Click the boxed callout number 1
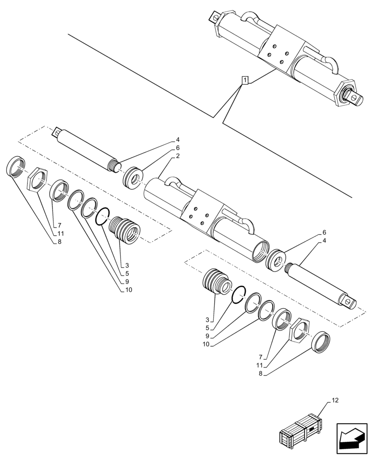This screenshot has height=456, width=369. tap(245, 81)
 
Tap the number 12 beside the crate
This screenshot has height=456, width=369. tap(336, 401)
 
